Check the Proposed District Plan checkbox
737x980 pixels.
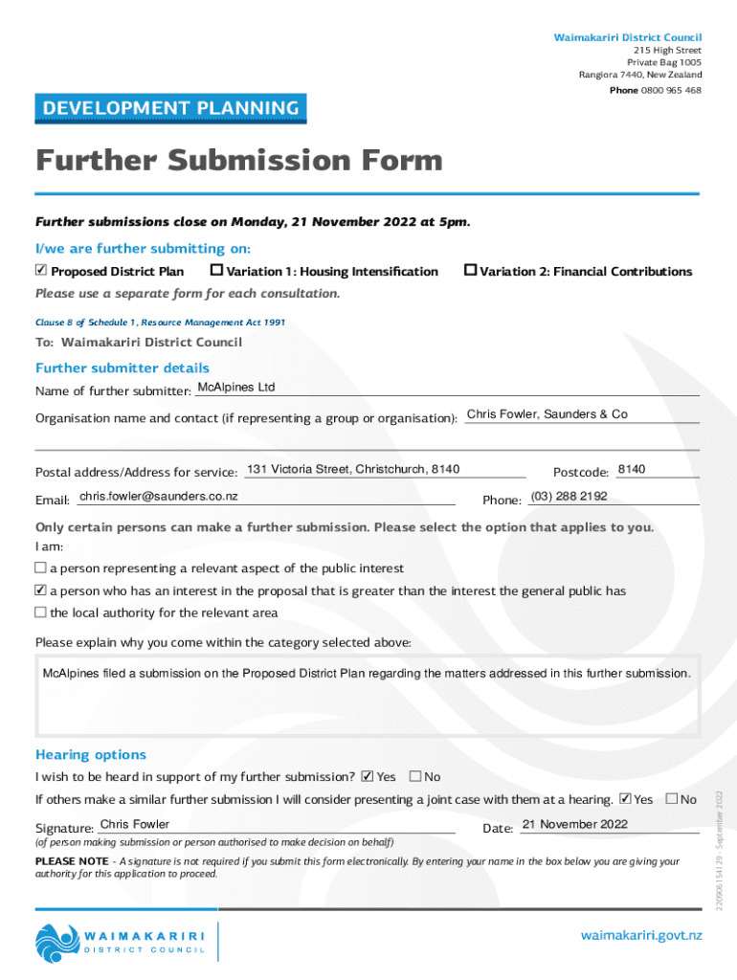[41, 271]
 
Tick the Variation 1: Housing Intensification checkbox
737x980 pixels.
[216, 271]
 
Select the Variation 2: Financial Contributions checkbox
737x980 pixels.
[470, 271]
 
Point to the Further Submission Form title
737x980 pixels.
[239, 160]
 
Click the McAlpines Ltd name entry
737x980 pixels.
[235, 388]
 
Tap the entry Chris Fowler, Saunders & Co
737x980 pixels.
[547, 414]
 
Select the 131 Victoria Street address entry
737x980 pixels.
[352, 469]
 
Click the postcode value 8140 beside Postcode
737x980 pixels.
[632, 469]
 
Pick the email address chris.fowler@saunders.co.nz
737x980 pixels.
[158, 497]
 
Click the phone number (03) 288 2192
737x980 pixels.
[569, 497]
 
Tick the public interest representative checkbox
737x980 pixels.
[41, 568]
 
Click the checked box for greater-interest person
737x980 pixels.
[41, 590]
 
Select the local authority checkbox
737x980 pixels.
[41, 612]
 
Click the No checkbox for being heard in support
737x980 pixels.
[414, 776]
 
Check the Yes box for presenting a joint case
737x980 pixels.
[626, 798]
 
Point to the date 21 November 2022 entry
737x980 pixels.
[574, 824]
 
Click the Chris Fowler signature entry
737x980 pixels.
[134, 824]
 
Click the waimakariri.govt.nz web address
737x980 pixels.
[642, 935]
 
